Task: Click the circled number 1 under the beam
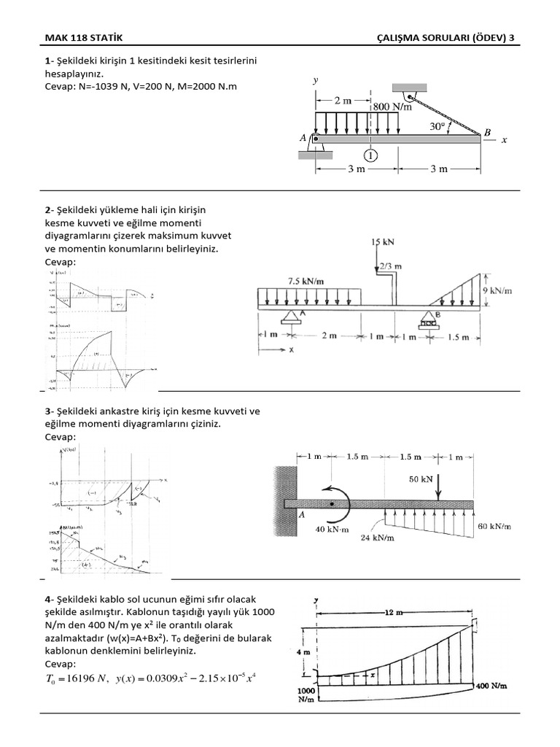pos(372,155)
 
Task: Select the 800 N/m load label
pos(393,107)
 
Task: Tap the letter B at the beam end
pos(488,133)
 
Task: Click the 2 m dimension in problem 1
pos(343,101)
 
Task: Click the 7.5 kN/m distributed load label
pos(307,280)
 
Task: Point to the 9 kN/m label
pos(498,290)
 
